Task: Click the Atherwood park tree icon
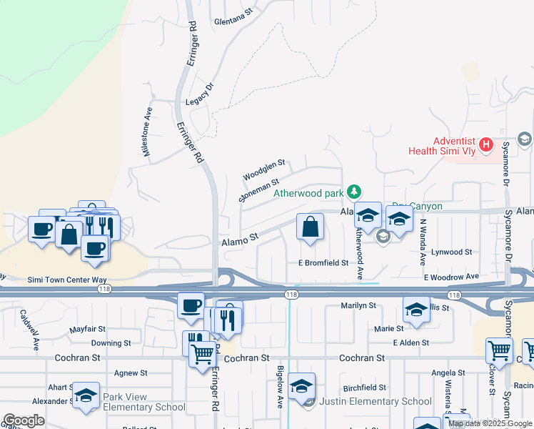click(353, 192)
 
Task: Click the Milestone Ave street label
click(147, 132)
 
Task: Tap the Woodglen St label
click(263, 171)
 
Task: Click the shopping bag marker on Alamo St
click(310, 228)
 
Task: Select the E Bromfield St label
click(323, 263)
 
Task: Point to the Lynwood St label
click(452, 252)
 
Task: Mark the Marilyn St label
click(358, 305)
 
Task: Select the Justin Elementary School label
click(375, 401)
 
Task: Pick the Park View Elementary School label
click(143, 402)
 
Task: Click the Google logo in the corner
click(24, 420)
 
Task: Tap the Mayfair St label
click(88, 330)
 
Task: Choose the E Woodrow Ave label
click(450, 277)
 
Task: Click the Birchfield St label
click(364, 388)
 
